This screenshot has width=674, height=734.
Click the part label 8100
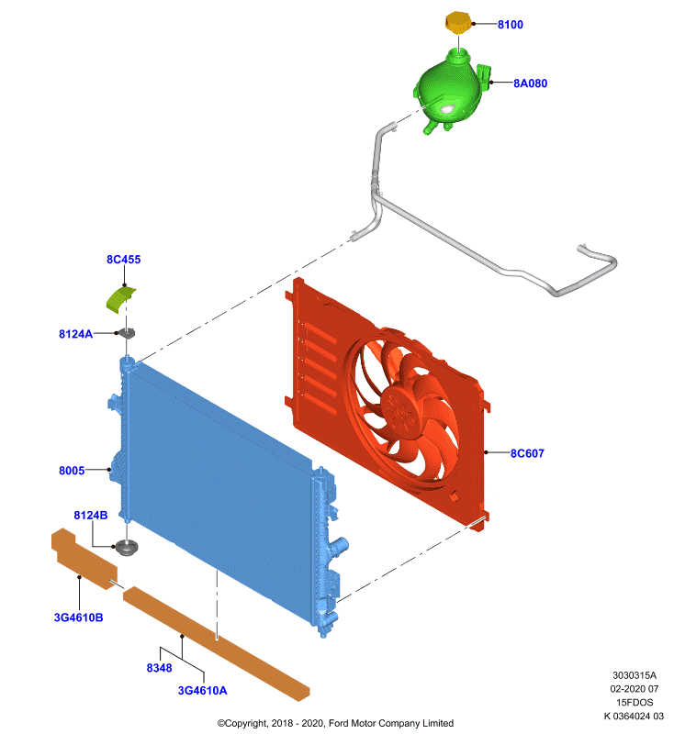(510, 25)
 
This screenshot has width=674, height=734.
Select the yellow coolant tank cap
(458, 22)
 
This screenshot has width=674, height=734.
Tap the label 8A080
(530, 83)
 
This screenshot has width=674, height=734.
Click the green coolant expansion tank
(451, 91)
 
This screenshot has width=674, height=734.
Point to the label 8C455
(124, 260)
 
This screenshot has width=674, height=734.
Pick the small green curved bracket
(120, 299)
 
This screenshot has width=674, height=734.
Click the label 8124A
(75, 334)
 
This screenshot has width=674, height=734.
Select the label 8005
(72, 471)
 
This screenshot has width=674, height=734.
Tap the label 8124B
(91, 515)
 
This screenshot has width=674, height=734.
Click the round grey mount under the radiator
(127, 547)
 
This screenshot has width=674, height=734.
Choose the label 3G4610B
(79, 617)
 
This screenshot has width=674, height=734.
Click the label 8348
(159, 668)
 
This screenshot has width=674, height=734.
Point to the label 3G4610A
(202, 691)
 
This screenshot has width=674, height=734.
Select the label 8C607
(527, 453)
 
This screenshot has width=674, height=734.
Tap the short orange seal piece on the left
(84, 558)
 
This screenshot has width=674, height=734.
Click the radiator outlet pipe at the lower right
(339, 546)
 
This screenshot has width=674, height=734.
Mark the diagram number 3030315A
(635, 675)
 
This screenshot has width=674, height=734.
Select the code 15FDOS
(635, 702)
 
